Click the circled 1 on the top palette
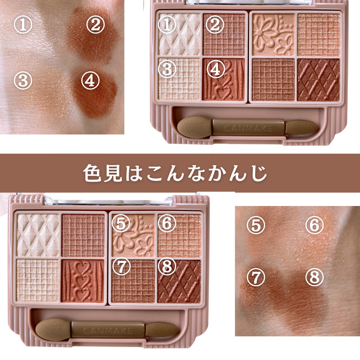coord(167,25)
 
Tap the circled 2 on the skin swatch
coord(96,25)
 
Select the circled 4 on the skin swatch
coord(90,81)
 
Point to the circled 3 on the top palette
coord(167,69)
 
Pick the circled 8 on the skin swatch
coord(315,277)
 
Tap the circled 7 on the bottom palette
coord(121,266)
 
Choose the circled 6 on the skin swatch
coord(315,225)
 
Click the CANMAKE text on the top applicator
coord(248,129)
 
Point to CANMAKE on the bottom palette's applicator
coord(108,331)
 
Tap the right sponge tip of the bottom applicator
coord(162,330)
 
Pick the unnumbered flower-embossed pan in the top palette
coord(273,34)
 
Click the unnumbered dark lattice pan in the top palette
coord(318,80)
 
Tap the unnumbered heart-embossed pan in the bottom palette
coord(83,281)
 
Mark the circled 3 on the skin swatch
coord(23,81)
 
